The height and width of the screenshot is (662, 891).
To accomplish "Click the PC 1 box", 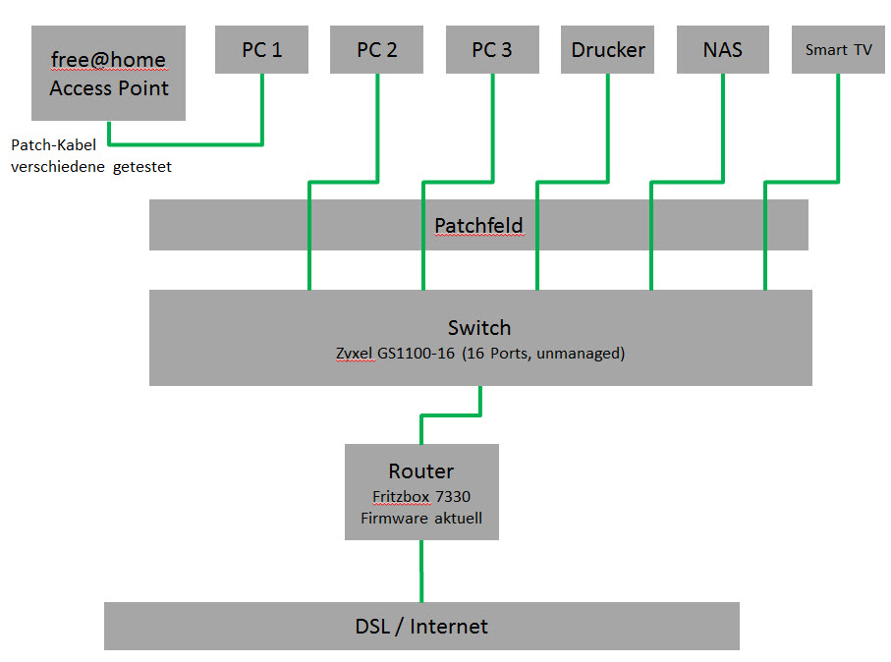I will click(x=262, y=49).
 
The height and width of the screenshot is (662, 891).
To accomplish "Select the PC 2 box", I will click(x=377, y=49).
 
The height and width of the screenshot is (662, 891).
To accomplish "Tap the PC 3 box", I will click(x=492, y=49).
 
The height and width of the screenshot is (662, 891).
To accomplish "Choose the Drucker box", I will click(x=608, y=49).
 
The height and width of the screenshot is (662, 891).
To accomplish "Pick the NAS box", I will click(x=723, y=49).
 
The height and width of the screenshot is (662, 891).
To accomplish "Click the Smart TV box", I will click(x=838, y=49).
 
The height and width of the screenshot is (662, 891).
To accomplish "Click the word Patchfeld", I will click(x=478, y=226).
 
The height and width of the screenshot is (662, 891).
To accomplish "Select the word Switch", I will click(x=479, y=327).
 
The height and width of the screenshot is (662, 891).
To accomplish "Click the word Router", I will click(x=421, y=471).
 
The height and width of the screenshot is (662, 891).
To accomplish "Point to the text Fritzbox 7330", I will click(x=421, y=497).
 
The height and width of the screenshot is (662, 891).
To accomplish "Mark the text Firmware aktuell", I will click(x=421, y=518).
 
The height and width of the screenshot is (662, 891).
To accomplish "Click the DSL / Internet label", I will click(x=421, y=626).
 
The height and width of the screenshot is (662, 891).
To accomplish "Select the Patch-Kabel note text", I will click(x=53, y=145).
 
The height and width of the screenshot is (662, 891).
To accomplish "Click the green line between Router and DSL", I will click(x=421, y=571).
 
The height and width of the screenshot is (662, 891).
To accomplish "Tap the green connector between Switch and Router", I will click(x=450, y=415).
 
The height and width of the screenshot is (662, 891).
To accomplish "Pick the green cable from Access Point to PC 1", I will click(x=187, y=144).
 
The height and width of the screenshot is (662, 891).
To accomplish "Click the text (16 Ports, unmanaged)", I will click(x=547, y=354).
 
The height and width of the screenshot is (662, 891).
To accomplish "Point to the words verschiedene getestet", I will click(x=91, y=167).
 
